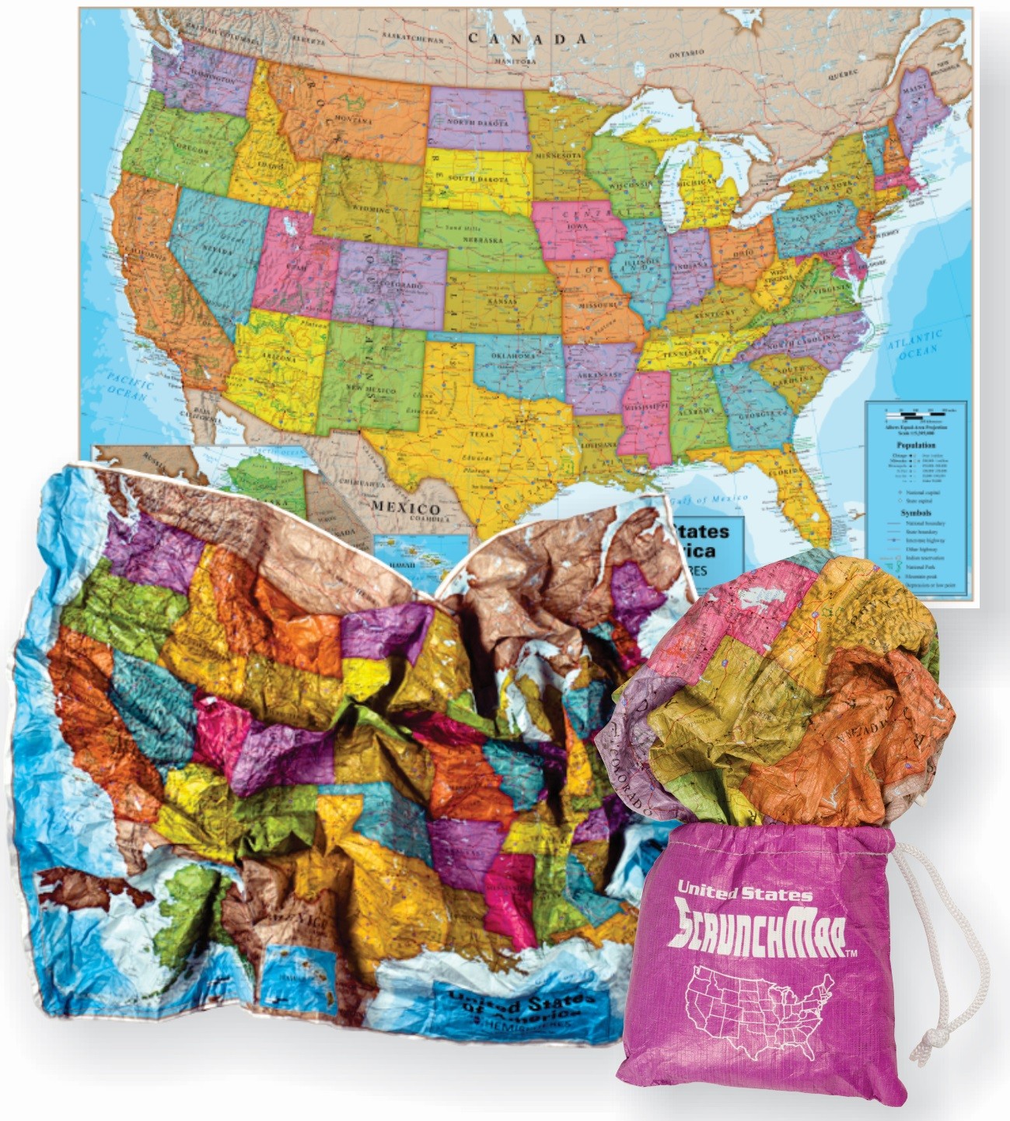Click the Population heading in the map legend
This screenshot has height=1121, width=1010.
tap(915, 445)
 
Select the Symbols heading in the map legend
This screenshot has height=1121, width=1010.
tap(915, 513)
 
